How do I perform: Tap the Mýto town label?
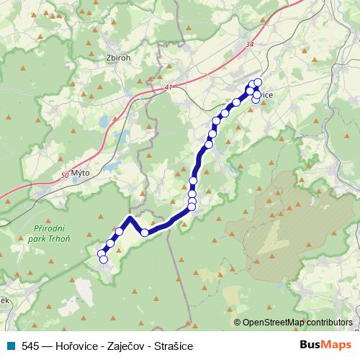pyautogui.click(x=79, y=174)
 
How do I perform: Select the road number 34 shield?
pyautogui.click(x=249, y=45)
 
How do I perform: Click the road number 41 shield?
pyautogui.click(x=169, y=87)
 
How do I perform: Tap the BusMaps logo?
pyautogui.click(x=325, y=346)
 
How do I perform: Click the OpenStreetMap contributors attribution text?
pyautogui.click(x=297, y=323)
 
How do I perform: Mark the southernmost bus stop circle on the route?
pyautogui.click(x=103, y=259)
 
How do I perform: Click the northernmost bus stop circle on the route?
pyautogui.click(x=258, y=82)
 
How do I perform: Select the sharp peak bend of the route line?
pyautogui.click(x=130, y=217)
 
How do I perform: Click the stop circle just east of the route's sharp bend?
pyautogui.click(x=145, y=232)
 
